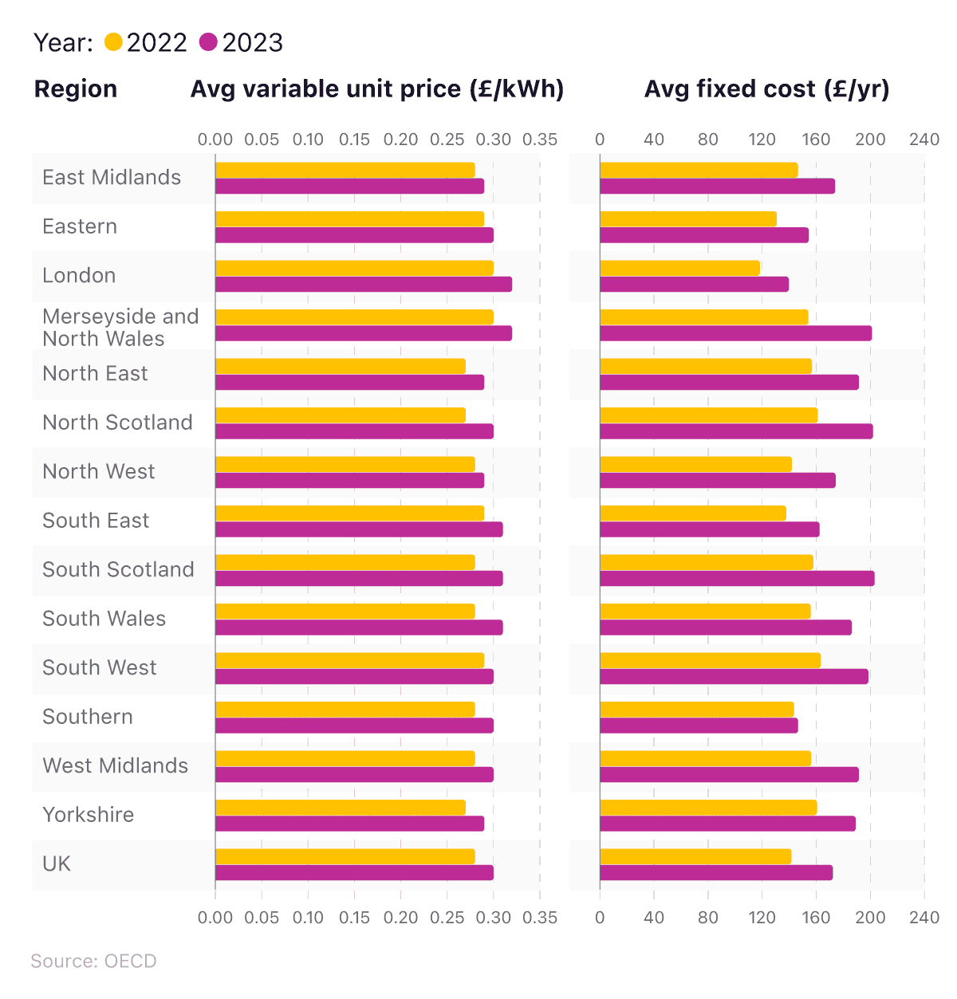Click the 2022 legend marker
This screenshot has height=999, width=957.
point(113,42)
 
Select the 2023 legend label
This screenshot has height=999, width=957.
point(252,42)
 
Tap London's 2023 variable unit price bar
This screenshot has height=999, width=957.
point(363,285)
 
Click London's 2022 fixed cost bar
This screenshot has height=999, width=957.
point(679,268)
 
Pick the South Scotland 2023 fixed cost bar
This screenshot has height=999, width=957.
point(737,579)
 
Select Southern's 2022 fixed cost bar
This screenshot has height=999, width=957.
point(696,709)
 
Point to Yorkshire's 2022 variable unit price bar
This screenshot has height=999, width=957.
point(340,807)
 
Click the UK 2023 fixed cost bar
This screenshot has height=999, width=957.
point(716,873)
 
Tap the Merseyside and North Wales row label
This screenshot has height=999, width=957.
point(120,328)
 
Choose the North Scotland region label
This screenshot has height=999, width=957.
point(117,423)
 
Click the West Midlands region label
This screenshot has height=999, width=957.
point(115,766)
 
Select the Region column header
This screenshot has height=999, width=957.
point(76,89)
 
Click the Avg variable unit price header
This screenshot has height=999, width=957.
point(376,89)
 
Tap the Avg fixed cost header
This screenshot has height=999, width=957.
point(766,89)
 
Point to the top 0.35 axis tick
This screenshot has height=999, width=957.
point(540,140)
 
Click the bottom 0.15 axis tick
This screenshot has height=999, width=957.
point(354,918)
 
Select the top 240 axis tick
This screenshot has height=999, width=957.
point(924,140)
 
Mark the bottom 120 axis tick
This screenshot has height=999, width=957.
point(762,918)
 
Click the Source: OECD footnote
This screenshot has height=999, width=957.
point(93,961)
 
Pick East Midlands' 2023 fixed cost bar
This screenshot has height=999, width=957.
point(717,187)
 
